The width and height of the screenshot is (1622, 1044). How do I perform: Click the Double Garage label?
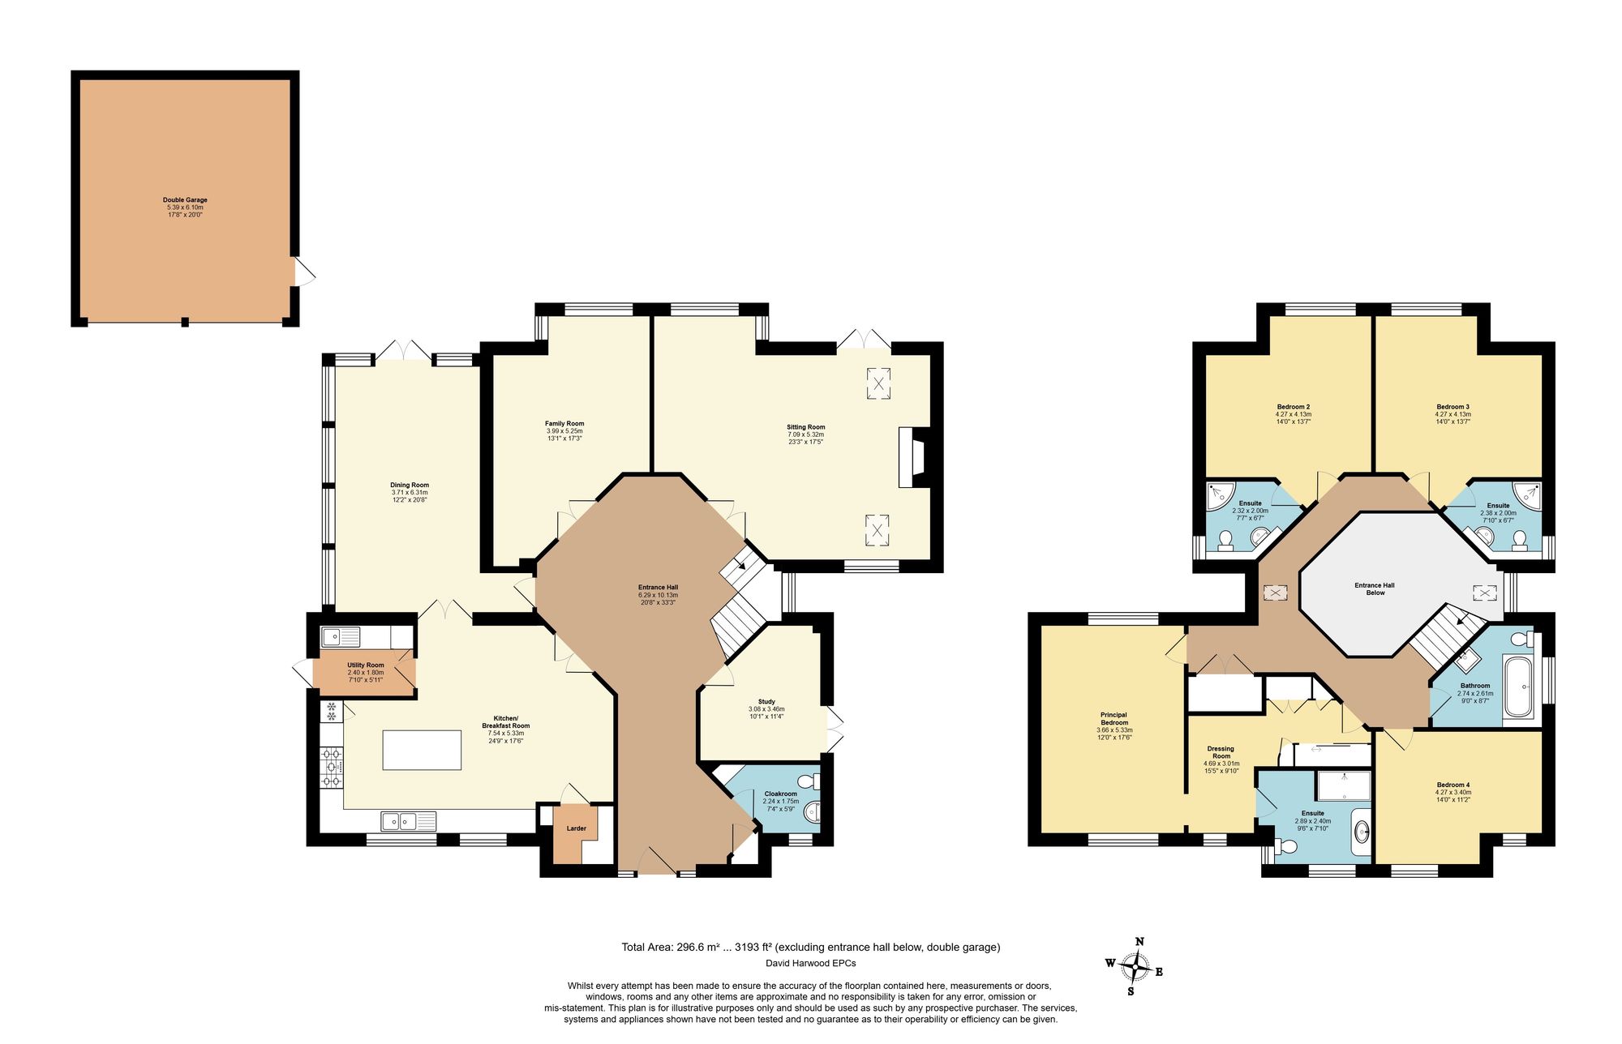click(185, 199)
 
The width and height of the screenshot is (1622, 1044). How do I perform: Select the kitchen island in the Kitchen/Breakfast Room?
click(422, 750)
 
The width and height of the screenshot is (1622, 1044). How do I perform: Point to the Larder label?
click(576, 828)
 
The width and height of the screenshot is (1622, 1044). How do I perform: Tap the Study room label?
click(766, 702)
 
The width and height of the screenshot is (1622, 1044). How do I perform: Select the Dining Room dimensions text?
click(409, 496)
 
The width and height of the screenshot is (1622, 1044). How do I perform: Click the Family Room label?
click(564, 424)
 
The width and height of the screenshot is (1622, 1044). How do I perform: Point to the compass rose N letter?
click(1139, 942)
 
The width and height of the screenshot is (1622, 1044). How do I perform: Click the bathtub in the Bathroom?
click(1518, 687)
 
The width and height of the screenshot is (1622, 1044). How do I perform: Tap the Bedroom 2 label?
click(1294, 407)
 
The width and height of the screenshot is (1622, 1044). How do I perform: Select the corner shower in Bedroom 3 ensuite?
click(1527, 494)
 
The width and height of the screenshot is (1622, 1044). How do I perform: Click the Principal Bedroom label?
click(1114, 719)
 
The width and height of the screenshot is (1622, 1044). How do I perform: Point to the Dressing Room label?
click(1221, 752)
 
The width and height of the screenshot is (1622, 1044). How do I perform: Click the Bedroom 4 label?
click(1453, 785)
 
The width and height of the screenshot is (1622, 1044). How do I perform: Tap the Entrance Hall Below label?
click(1375, 588)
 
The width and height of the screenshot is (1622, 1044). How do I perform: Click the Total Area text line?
click(810, 947)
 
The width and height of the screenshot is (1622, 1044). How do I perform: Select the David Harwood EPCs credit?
click(810, 964)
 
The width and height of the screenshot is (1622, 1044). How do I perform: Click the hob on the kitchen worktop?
click(332, 767)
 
